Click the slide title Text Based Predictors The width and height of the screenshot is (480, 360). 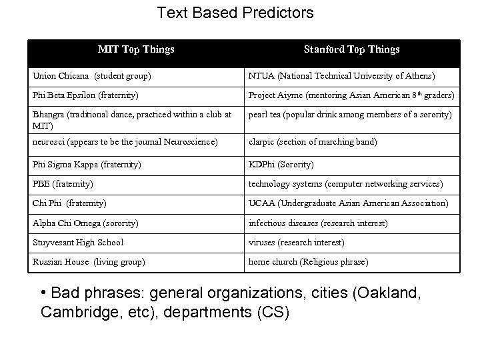[x=235, y=13]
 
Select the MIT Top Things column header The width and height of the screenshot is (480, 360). [x=136, y=49]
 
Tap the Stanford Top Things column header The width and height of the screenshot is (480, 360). [x=351, y=49]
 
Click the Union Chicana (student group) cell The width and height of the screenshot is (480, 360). [x=93, y=75]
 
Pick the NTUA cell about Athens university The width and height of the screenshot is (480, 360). [x=341, y=75]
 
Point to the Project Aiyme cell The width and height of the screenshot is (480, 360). [x=351, y=95]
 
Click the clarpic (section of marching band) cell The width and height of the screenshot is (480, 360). [x=312, y=141]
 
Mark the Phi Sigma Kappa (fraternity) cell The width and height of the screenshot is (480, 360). [x=87, y=164]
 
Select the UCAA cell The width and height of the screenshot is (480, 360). [x=349, y=203]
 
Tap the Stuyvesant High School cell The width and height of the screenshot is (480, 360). [x=78, y=242]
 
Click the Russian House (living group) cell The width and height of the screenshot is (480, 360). [x=89, y=261]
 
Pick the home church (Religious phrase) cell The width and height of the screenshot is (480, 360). [x=307, y=261]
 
